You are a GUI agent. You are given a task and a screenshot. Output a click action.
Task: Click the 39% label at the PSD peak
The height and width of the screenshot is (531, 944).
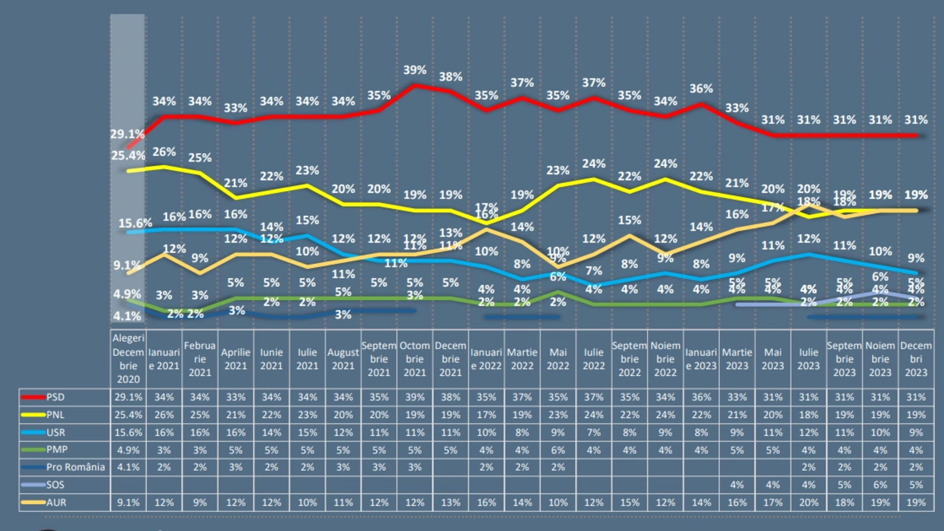(415, 70)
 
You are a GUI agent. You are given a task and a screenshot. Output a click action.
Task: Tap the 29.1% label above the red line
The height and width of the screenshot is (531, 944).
(127, 134)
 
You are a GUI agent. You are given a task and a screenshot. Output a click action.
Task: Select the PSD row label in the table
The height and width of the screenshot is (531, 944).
(55, 397)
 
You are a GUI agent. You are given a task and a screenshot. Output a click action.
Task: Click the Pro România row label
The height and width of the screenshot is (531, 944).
(76, 467)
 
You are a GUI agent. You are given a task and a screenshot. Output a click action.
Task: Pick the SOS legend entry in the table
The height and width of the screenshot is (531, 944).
(55, 485)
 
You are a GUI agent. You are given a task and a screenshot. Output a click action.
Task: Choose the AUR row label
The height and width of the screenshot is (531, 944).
(57, 503)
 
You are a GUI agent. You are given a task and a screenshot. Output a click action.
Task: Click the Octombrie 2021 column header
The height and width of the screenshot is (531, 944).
(415, 359)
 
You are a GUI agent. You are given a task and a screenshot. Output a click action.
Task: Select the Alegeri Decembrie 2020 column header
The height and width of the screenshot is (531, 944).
(128, 358)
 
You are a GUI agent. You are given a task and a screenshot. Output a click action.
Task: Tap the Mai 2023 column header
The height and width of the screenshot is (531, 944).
(773, 359)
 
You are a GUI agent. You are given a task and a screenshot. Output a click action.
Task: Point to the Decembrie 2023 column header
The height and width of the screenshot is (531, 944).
(916, 359)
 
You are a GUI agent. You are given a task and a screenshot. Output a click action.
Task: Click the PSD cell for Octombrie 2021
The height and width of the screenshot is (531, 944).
(415, 397)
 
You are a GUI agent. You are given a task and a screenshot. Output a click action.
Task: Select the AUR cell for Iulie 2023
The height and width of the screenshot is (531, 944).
(808, 503)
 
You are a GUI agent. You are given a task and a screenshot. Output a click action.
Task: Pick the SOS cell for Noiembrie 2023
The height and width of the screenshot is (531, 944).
(880, 485)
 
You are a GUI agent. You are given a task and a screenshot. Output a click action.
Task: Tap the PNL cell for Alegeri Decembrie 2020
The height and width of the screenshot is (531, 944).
(128, 415)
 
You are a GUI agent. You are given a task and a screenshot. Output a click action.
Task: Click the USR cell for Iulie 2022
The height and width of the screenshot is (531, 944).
(594, 432)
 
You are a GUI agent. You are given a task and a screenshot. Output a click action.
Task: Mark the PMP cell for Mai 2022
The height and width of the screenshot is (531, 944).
(558, 450)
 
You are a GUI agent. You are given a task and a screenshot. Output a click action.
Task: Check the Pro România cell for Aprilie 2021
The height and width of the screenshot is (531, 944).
(235, 467)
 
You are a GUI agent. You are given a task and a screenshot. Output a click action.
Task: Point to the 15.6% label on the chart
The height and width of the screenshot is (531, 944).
(135, 223)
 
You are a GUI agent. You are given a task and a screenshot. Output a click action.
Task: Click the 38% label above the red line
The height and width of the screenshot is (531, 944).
(450, 77)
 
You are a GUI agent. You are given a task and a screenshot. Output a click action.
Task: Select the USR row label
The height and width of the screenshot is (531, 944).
(55, 432)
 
